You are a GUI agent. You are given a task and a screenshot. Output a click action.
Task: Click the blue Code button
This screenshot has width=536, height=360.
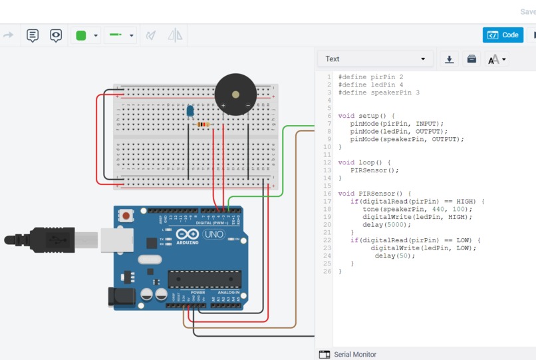pyautogui.click(x=503, y=35)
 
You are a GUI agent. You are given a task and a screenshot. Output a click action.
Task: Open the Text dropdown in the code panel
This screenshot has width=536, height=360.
pyautogui.click(x=376, y=59)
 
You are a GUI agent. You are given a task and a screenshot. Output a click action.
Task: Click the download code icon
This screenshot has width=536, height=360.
pyautogui.click(x=450, y=59)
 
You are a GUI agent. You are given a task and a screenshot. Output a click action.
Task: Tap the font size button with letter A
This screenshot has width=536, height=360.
pyautogui.click(x=496, y=59)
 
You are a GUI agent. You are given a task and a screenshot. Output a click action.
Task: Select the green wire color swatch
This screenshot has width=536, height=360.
pyautogui.click(x=82, y=35)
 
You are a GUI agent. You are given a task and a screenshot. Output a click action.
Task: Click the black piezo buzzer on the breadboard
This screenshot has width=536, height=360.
pyautogui.click(x=235, y=95)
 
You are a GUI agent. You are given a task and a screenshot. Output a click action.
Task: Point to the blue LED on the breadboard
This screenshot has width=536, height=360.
pyautogui.click(x=191, y=112)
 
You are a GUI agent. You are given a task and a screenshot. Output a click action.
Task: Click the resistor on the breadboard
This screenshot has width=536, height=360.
pyautogui.click(x=202, y=124)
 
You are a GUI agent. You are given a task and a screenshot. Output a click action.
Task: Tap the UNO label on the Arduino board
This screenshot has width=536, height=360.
pyautogui.click(x=213, y=235)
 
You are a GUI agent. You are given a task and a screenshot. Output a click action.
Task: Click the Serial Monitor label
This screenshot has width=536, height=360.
pyautogui.click(x=354, y=355)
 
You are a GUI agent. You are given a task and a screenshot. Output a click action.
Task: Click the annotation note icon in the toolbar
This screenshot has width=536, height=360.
pyautogui.click(x=33, y=35)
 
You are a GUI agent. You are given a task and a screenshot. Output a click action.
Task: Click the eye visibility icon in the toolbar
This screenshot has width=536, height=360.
pyautogui.click(x=56, y=35)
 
